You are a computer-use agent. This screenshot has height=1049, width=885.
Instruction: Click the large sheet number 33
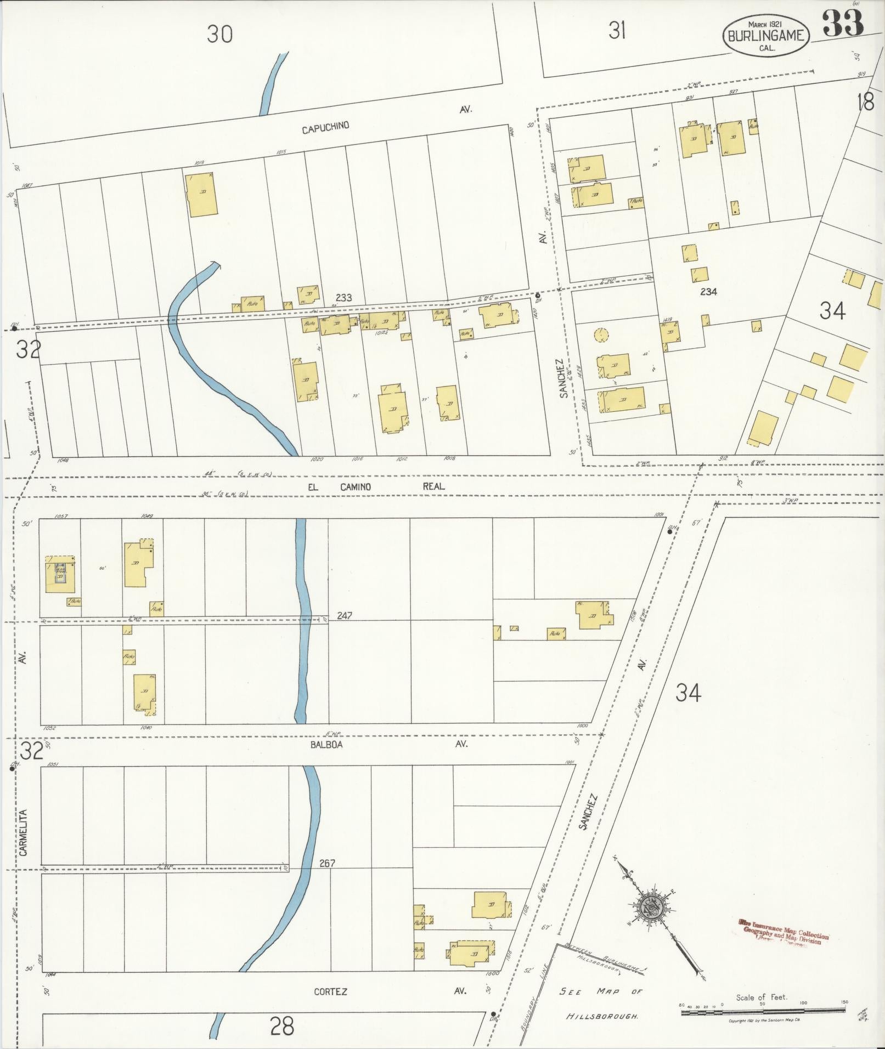843,23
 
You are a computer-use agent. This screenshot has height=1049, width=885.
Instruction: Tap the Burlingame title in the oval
766,36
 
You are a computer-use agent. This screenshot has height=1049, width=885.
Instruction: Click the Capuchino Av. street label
325,127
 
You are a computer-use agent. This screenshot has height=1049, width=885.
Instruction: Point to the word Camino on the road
354,487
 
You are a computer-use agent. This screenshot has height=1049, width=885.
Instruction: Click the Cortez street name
330,991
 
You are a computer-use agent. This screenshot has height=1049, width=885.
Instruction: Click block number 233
343,298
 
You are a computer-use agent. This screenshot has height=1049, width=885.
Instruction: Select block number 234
708,292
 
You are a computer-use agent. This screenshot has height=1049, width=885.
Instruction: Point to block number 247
344,616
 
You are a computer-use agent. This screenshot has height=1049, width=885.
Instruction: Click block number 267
327,863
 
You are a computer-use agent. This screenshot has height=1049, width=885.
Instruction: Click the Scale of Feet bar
763,1013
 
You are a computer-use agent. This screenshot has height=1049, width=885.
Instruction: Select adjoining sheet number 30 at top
219,35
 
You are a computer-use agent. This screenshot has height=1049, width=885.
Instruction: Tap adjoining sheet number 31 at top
617,31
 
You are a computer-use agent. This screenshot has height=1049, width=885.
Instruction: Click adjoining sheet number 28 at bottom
282,1025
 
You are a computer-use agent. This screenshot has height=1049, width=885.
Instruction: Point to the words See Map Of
600,991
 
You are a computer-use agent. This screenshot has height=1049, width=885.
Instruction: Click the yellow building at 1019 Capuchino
202,195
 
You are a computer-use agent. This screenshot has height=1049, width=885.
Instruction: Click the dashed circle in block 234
601,334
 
